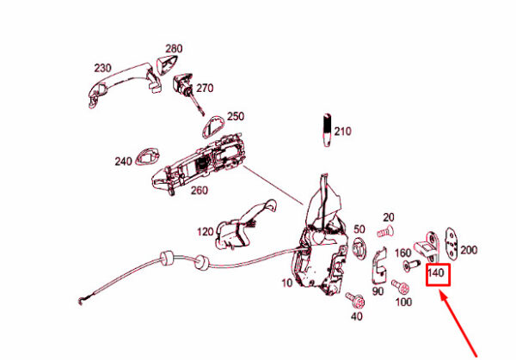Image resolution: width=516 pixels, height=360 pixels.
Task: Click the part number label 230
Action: pos(102,68)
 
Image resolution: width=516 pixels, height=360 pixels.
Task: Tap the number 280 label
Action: pos(174,48)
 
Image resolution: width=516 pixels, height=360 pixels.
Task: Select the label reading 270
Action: pos(204,88)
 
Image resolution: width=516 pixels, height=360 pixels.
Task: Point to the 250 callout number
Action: pos(235,116)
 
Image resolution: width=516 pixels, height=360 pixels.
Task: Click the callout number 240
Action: pos(123,161)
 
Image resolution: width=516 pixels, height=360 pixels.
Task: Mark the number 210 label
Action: pos(343,131)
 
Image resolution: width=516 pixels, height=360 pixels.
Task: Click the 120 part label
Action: pos(205,232)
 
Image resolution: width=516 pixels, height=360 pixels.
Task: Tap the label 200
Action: pos(468,250)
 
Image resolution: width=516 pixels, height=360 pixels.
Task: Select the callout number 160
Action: pos(402,253)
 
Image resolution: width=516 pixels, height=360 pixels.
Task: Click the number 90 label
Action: pos(378,292)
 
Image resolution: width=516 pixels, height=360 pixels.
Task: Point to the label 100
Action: pos(402,303)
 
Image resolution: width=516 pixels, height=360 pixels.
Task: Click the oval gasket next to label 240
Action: pos(150,157)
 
